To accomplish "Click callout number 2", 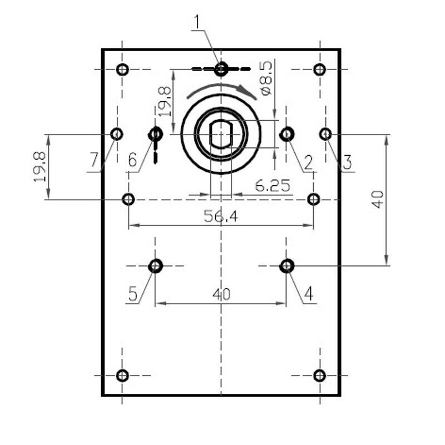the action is click(308, 164).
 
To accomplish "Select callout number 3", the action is click(347, 162).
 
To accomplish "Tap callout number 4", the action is click(309, 294).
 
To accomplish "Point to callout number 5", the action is click(133, 294).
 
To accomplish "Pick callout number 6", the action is click(132, 160).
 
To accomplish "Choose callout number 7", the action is click(94, 160).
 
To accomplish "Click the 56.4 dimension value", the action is click(221, 217).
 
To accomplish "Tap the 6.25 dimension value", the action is click(273, 186).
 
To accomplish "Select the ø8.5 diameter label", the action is click(266, 78).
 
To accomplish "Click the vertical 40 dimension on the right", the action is click(378, 200).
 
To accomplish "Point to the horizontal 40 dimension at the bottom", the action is click(221, 294).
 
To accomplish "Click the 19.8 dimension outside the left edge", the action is click(39, 167).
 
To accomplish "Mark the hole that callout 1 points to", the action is click(221, 68).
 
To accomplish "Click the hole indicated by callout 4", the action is click(286, 266).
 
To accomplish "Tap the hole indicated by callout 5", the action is click(155, 266).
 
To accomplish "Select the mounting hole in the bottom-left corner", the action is click(122, 375).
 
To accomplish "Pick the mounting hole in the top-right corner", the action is click(320, 70).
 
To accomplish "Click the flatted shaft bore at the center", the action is click(221, 134).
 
